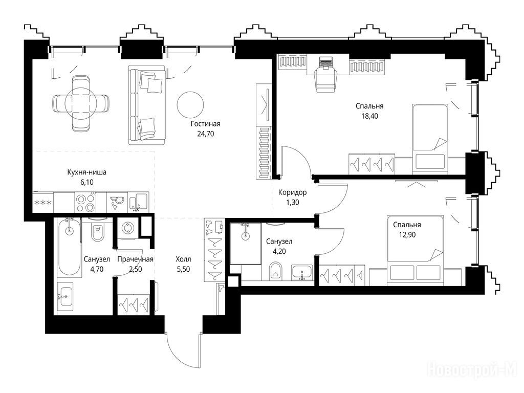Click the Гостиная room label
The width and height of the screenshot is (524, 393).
pyautogui.click(x=206, y=124)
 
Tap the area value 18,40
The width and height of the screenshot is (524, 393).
pyautogui.click(x=369, y=116)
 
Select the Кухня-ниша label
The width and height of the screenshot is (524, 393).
pyautogui.click(x=87, y=172)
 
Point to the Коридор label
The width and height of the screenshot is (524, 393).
pyautogui.click(x=292, y=192)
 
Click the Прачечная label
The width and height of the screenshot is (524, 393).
pyautogui.click(x=135, y=259)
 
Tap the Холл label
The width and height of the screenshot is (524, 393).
pyautogui.click(x=184, y=259)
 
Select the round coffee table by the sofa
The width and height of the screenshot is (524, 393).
pyautogui.click(x=190, y=105)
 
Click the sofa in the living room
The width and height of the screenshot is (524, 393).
pyautogui.click(x=147, y=105)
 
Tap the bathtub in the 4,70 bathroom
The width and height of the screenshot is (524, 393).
pyautogui.click(x=69, y=247)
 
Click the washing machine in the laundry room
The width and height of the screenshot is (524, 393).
pyautogui.click(x=127, y=228)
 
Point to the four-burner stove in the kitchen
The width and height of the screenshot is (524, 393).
pyautogui.click(x=85, y=202)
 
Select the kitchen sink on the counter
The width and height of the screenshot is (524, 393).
pyautogui.click(x=138, y=202)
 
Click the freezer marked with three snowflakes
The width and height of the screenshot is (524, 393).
pyautogui.click(x=43, y=202)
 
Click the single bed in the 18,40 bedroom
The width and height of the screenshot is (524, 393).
pyautogui.click(x=430, y=139)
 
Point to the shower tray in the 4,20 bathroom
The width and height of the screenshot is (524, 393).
pyautogui.click(x=246, y=243)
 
